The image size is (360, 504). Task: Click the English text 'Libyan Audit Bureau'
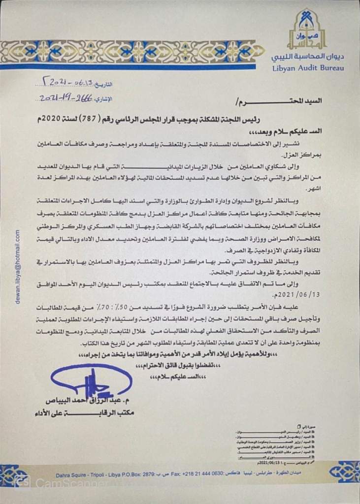pos(308,67)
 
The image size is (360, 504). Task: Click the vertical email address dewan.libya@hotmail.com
pos(17,266)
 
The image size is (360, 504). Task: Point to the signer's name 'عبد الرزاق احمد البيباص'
pos(99,401)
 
